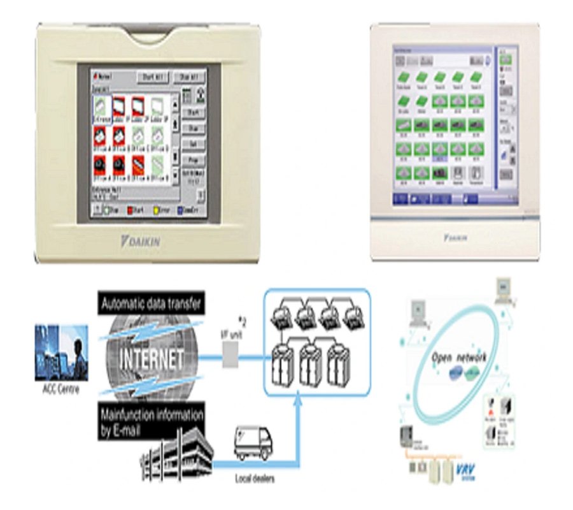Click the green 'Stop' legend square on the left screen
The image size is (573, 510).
pos(107,209)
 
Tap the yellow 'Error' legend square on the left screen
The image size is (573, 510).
pos(156,209)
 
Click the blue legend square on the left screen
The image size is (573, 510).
pos(181,209)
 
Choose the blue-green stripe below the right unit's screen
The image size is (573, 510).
pos(455,218)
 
